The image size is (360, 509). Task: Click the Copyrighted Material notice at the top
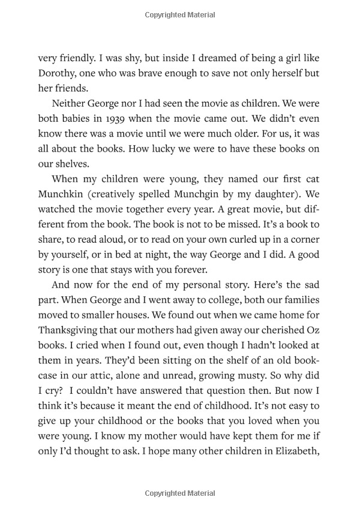pos(180,13)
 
